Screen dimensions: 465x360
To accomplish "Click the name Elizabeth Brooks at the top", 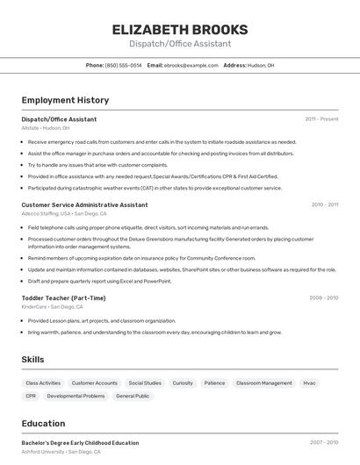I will (180, 30).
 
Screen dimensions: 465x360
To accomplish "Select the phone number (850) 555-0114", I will (123, 65).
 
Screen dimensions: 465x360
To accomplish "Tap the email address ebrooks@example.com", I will (191, 65).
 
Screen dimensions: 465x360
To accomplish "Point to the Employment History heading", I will (65, 100).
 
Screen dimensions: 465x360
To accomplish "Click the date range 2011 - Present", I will (321, 119).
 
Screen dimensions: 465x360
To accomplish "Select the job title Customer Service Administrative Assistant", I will (84, 204).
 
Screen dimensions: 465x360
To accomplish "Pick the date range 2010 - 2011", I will (324, 204).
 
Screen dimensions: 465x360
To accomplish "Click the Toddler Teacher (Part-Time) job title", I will (63, 298).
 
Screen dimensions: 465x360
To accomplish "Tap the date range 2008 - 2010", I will (323, 298).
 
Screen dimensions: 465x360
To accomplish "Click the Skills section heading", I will (32, 360).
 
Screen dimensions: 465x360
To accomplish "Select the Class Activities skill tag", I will (43, 383).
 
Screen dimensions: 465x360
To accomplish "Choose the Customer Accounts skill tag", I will (95, 383).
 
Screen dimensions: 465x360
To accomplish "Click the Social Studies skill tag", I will (145, 383).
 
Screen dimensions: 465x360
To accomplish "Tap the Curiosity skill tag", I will (183, 383).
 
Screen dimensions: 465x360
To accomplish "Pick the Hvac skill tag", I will (309, 383).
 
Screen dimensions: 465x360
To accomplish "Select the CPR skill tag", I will (31, 397).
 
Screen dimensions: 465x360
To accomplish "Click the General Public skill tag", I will (133, 397).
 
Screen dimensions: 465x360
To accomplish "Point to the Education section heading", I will (43, 423).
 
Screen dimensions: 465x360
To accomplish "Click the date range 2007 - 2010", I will (323, 443).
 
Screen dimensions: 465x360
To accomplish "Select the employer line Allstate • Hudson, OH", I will (46, 128).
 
